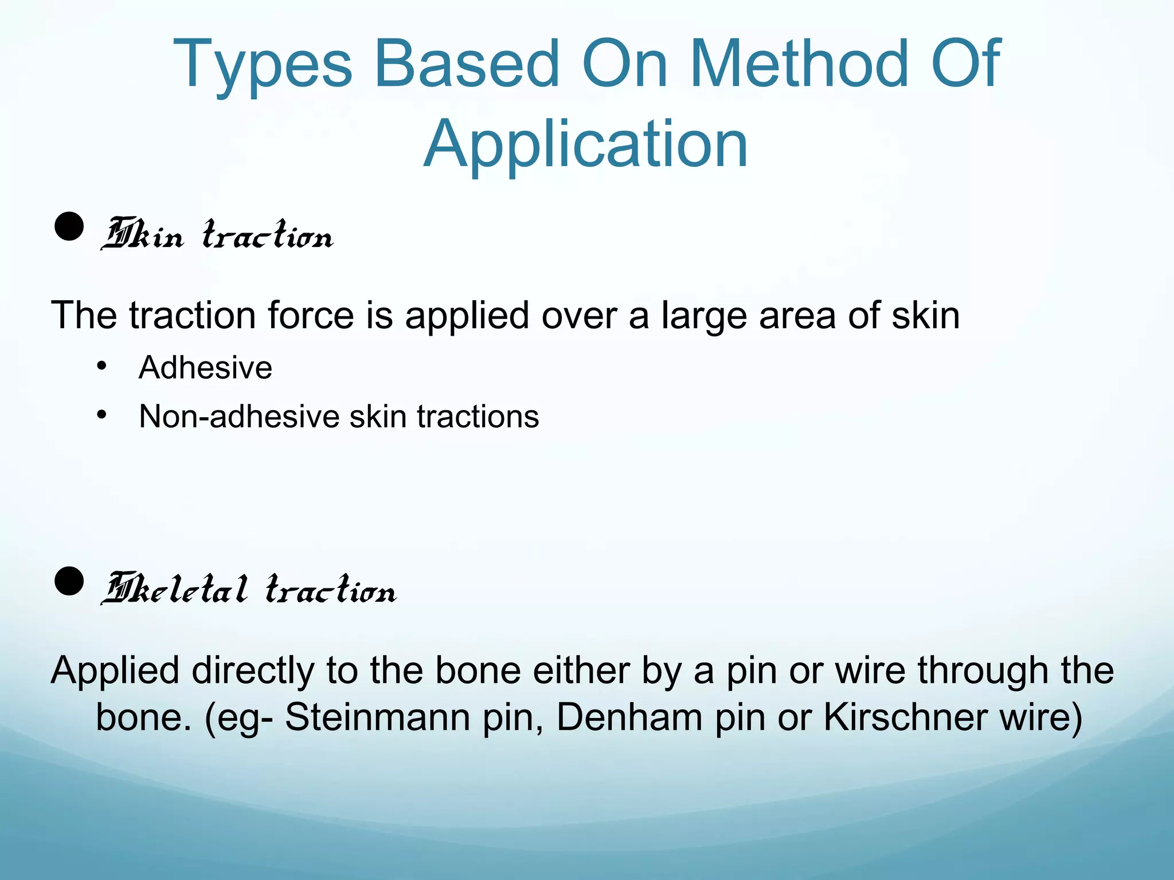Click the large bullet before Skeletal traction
click(69, 582)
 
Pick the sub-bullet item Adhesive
click(205, 367)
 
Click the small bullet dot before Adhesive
click(102, 366)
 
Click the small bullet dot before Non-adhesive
click(102, 414)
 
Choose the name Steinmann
click(377, 717)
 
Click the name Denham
click(629, 717)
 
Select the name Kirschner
click(905, 717)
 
